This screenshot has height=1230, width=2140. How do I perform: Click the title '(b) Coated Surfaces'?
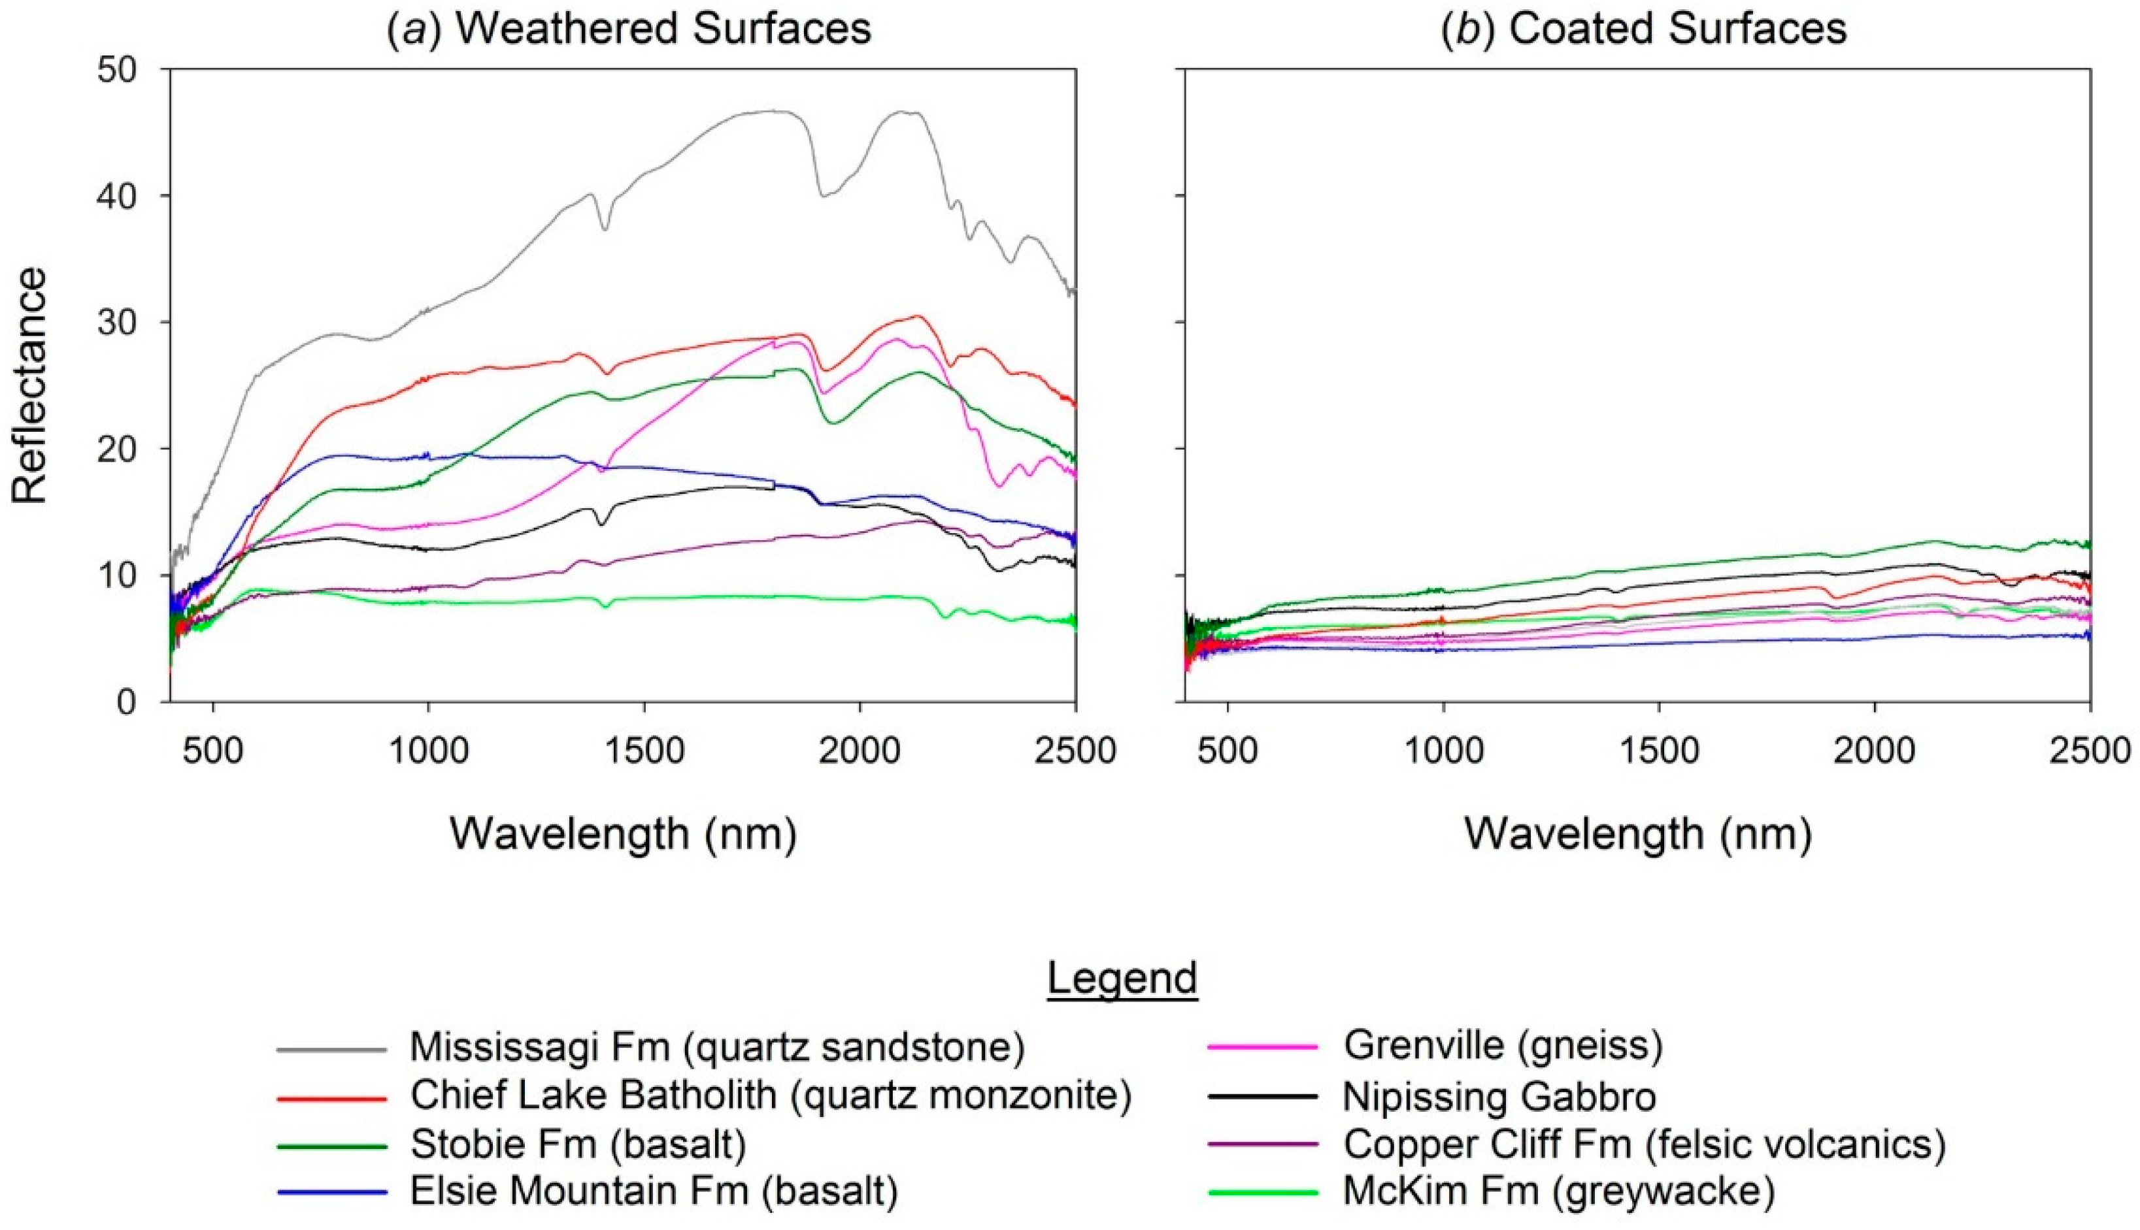(x=1643, y=29)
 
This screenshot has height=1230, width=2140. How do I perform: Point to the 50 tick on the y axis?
(x=118, y=69)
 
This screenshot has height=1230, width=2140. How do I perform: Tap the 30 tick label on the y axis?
(x=118, y=322)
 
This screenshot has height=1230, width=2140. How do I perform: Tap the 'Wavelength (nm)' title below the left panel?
(x=623, y=833)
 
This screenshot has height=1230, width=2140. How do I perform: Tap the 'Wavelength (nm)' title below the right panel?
(x=1637, y=833)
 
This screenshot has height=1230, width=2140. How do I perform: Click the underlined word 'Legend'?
(x=1122, y=979)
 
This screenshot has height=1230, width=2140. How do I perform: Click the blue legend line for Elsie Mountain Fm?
(x=332, y=1193)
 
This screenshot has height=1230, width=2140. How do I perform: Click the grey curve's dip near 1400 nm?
(x=605, y=228)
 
